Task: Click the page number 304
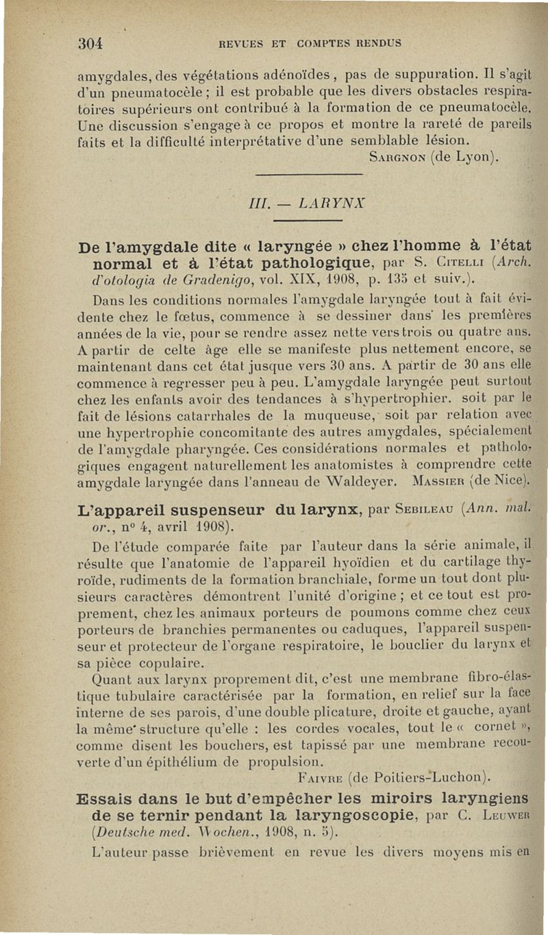[x=89, y=43]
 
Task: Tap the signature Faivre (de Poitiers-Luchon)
[x=401, y=777]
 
